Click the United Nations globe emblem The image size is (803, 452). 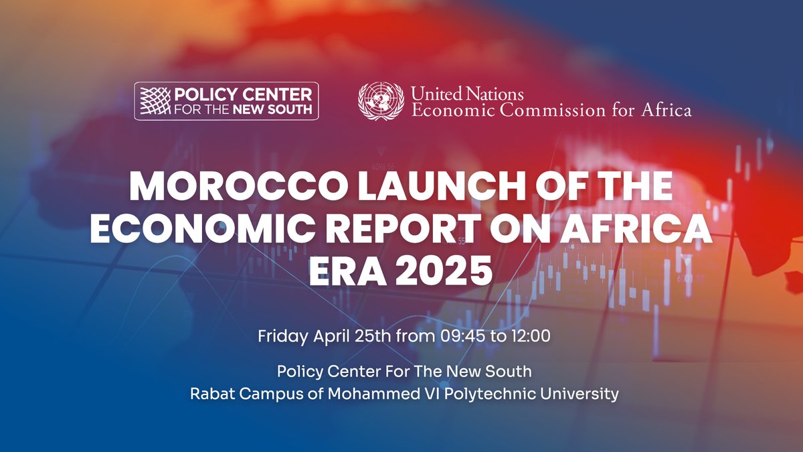pyautogui.click(x=381, y=101)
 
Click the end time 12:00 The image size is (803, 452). pyautogui.click(x=530, y=335)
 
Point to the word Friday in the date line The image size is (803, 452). pyautogui.click(x=282, y=335)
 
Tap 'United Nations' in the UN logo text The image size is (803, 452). pyautogui.click(x=467, y=93)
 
